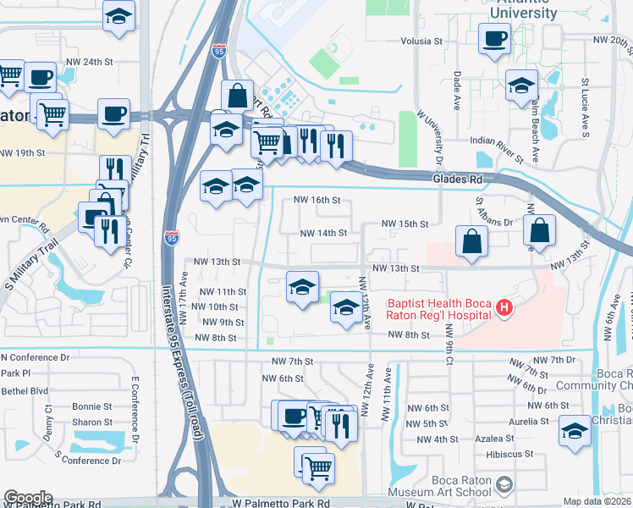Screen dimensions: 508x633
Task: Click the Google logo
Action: (x=27, y=498)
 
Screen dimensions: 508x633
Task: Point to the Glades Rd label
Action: (x=457, y=179)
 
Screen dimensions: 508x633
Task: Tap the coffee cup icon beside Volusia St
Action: (x=494, y=38)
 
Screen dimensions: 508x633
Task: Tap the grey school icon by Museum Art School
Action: (x=504, y=484)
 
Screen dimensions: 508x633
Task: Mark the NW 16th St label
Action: (x=316, y=201)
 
